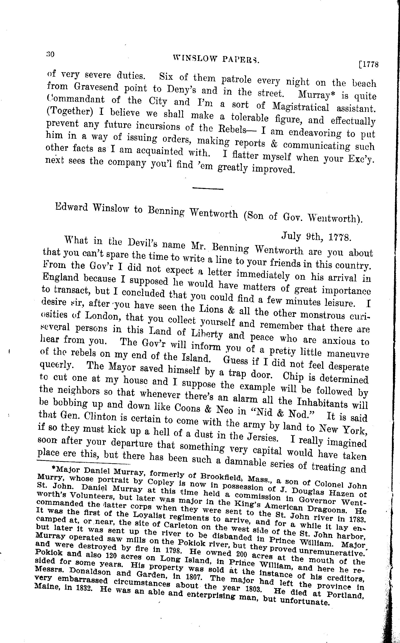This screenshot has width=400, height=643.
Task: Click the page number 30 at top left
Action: pos(50,54)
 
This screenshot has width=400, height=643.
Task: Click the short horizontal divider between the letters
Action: pos(208,188)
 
